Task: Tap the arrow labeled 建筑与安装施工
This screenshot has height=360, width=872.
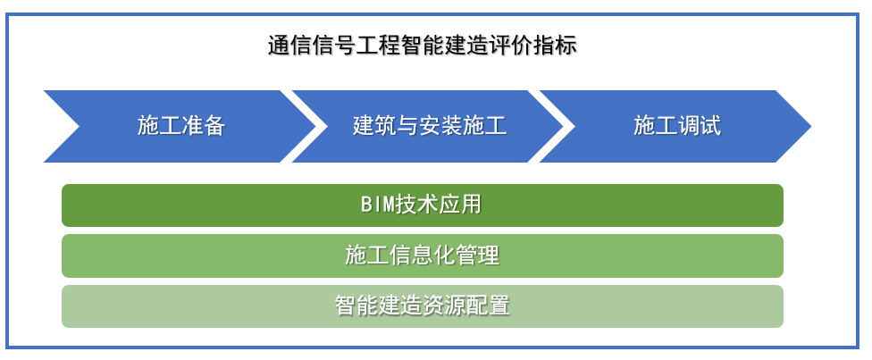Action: (x=429, y=126)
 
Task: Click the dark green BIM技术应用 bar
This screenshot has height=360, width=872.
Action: (x=422, y=205)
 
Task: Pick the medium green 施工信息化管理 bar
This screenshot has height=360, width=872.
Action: (x=422, y=256)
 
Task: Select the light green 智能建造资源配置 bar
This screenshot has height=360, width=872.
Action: (x=422, y=306)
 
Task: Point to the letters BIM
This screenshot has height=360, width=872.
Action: (x=378, y=205)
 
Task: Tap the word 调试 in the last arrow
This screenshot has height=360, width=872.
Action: (x=699, y=126)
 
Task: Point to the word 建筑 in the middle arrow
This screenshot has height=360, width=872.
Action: (x=374, y=126)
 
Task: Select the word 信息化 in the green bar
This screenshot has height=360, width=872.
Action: (x=422, y=256)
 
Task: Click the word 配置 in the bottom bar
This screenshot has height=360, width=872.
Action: (x=489, y=306)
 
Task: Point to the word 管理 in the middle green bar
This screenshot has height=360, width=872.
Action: (x=477, y=256)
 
